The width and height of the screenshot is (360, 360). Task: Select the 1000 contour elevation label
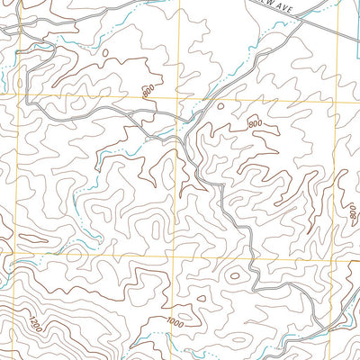tap(175, 323)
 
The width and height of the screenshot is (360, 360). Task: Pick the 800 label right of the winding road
tap(255, 122)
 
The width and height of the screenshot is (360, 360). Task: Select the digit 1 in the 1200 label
tap(30, 316)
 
